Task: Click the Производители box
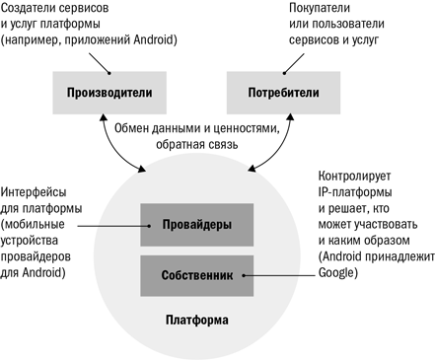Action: coord(109,93)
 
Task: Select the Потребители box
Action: coord(283,93)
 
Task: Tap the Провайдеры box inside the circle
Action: coord(197,225)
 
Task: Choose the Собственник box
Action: coord(197,275)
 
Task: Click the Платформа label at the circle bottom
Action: coord(197,320)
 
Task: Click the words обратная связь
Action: coord(197,144)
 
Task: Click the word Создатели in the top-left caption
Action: coord(26,8)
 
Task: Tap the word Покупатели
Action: coord(320,8)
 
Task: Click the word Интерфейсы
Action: coord(34,192)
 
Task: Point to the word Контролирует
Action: coord(354,176)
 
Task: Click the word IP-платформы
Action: coord(355,192)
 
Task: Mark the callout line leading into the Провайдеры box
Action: coord(113,226)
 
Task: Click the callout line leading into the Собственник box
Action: coord(279,275)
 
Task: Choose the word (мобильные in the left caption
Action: coord(33,225)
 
